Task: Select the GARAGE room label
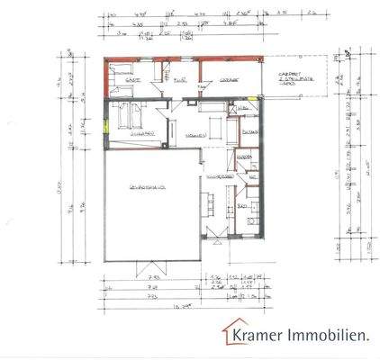(226, 80)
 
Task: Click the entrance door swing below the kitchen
(215, 236)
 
